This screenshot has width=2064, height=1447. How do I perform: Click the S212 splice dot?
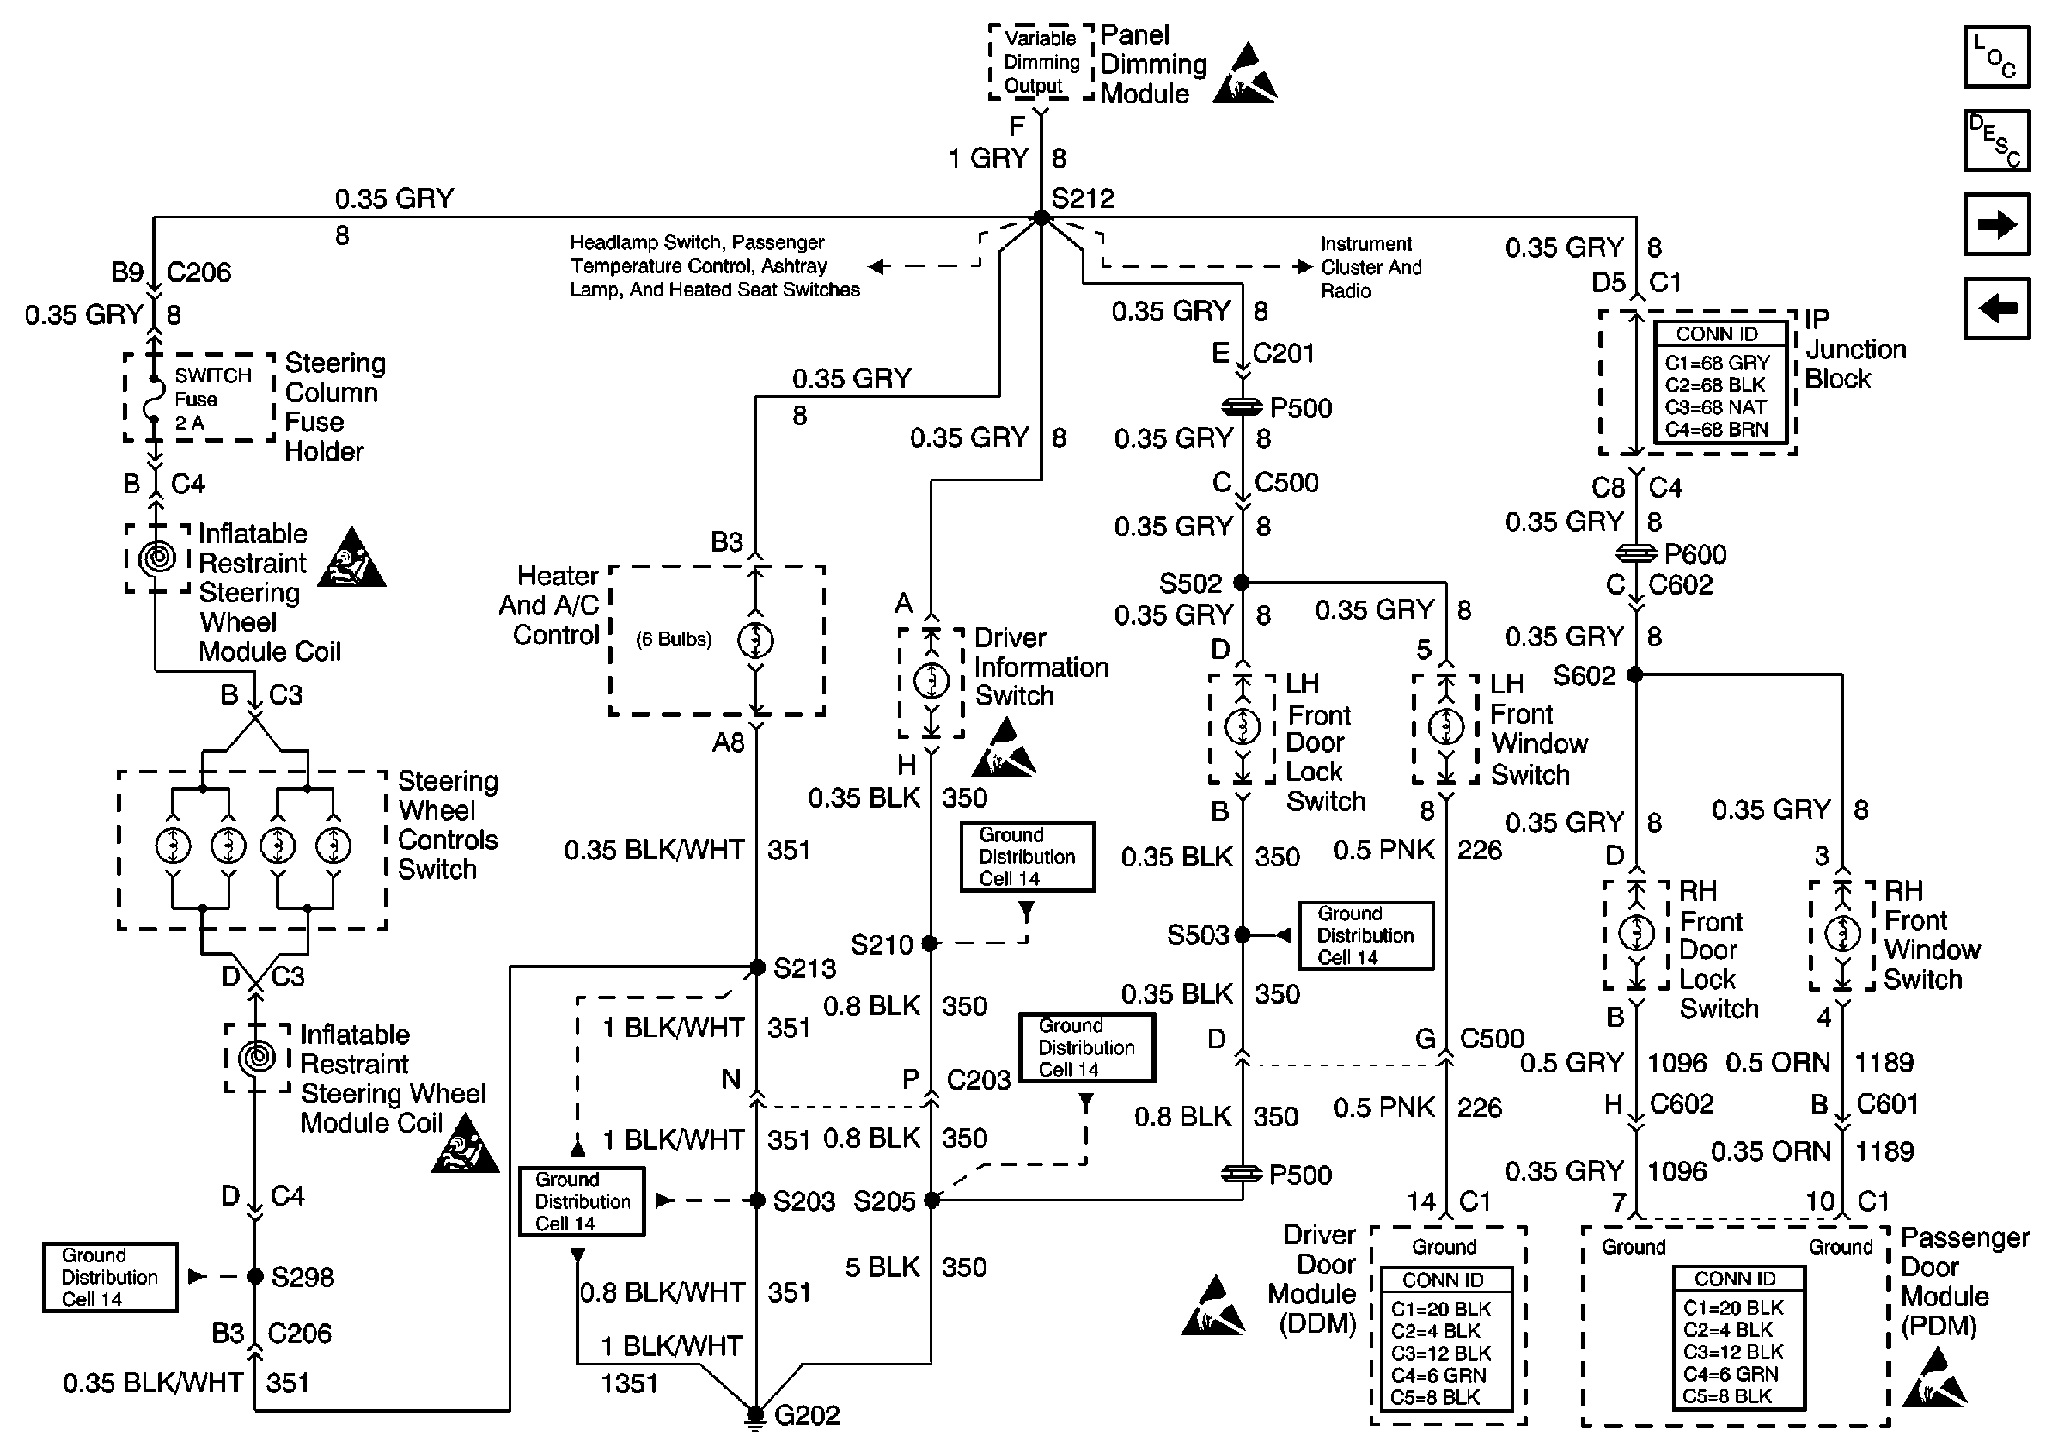[x=1041, y=217]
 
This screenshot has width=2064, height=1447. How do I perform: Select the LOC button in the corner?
[x=1997, y=57]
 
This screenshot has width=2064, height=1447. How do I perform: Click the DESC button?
[x=1997, y=140]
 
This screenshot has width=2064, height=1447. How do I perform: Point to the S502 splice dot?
[x=1242, y=583]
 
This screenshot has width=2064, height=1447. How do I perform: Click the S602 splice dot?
[x=1635, y=674]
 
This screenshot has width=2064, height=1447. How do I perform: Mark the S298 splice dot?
[x=255, y=1276]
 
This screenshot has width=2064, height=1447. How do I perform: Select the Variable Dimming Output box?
[x=1041, y=62]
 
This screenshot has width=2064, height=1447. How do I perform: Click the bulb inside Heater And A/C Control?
[x=755, y=640]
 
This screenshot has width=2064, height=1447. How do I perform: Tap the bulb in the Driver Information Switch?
[x=931, y=681]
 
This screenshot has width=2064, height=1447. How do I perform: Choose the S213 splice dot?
[x=757, y=967]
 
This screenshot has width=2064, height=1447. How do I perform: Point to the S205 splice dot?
[x=932, y=1200]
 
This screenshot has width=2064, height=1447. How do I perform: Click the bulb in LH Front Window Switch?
[x=1446, y=725]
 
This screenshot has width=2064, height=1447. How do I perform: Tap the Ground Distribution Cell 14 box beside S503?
[x=1365, y=936]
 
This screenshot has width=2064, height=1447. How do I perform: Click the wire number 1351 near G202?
[x=629, y=1383]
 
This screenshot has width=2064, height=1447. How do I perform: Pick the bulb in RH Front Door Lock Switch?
[x=1636, y=933]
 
